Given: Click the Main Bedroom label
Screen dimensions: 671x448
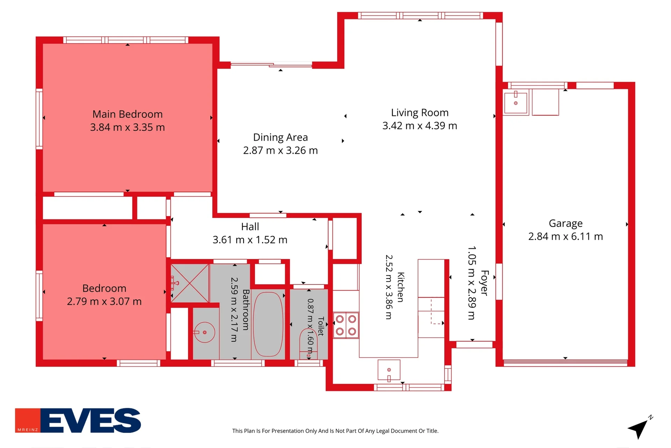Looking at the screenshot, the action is pos(128,114).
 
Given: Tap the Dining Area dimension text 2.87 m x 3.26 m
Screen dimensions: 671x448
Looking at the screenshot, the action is pos(281,151).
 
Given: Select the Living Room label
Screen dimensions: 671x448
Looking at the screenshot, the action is pos(420,113).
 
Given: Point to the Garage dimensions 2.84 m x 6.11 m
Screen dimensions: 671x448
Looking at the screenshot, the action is pos(566,237).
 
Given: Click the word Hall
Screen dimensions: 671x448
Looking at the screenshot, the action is pos(250,227).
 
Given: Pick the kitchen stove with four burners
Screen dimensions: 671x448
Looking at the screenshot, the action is pos(346,325).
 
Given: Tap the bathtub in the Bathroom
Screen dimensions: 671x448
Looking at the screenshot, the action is pos(268,324).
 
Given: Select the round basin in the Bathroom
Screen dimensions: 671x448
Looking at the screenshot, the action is pos(204,332).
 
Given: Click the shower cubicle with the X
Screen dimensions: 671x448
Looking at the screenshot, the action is pos(190,283).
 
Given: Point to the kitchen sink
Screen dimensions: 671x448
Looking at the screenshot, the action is pos(389,370).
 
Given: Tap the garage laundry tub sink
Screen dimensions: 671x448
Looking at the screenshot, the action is pos(515,102).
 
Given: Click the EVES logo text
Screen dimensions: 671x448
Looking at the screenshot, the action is pos(91,420).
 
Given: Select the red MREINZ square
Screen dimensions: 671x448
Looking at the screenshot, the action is pos(28,420).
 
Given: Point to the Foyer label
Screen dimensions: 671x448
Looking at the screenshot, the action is pos(484,283).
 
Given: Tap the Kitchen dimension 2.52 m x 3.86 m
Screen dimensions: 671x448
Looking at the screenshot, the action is pos(389,287).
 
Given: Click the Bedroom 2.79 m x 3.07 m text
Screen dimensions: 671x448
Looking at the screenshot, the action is pos(104,295).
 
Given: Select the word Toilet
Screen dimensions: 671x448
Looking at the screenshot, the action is pos(321,326).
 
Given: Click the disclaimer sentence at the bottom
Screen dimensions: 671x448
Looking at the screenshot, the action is pos(335,431).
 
